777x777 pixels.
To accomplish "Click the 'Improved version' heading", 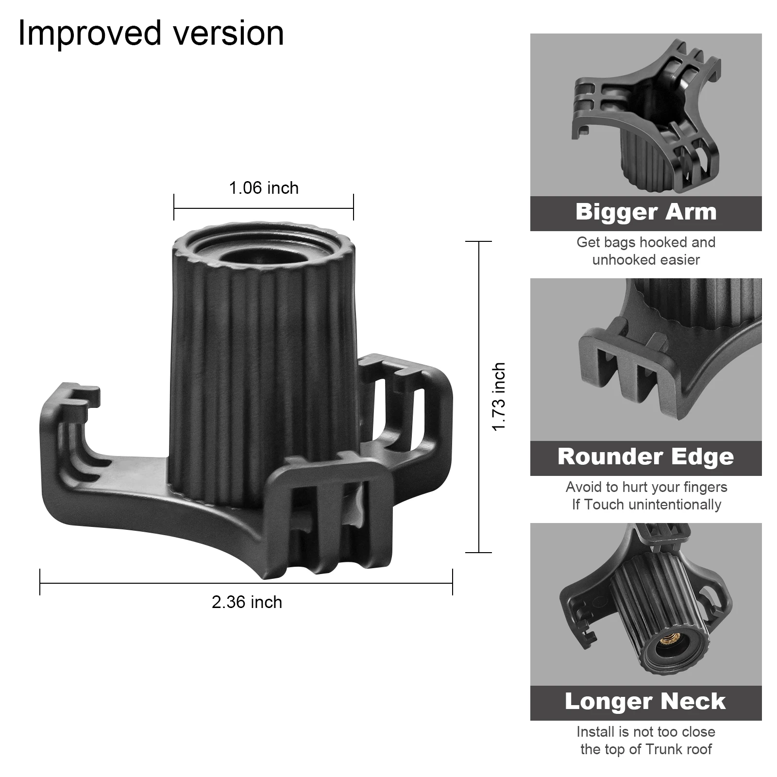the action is (x=151, y=33).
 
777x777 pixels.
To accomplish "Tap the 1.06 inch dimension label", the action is (x=264, y=188).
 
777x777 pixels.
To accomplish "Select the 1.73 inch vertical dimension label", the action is (x=499, y=397).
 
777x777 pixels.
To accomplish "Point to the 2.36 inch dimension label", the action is (x=247, y=602).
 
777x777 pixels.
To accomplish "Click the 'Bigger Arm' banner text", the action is (x=646, y=212).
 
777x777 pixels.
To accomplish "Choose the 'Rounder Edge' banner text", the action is (x=646, y=457).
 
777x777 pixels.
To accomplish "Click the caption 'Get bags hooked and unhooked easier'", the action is (x=646, y=251).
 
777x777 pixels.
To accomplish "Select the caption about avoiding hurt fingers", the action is (x=646, y=496).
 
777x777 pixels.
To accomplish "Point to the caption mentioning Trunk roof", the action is (x=646, y=741).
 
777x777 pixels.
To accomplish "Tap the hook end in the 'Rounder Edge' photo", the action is (x=626, y=369).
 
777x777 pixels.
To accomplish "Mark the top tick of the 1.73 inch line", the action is (x=479, y=241).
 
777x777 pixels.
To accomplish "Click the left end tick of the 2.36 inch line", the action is (x=40, y=582).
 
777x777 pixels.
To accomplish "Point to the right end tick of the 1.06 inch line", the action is (x=354, y=207).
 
